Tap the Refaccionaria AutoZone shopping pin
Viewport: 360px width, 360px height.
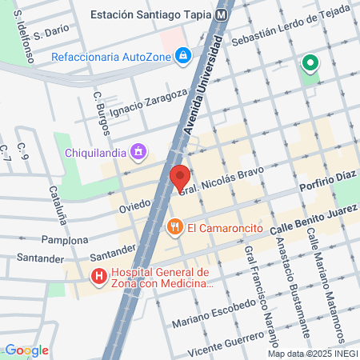[183, 55]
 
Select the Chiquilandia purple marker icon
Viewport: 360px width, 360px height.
[139, 150]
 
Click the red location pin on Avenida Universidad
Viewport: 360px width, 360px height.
[180, 178]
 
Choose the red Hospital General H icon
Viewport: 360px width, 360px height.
[99, 278]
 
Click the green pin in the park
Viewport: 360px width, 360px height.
[310, 62]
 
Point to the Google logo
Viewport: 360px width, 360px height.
[26, 350]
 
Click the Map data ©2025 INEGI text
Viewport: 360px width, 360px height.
[311, 353]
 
